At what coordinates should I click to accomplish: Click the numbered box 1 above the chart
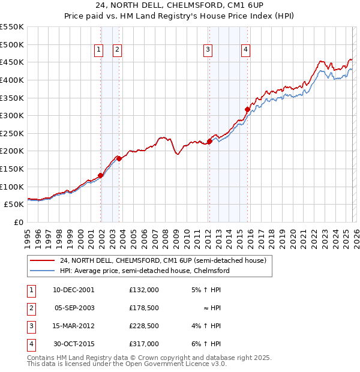(x=98, y=50)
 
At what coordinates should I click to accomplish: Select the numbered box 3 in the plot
(x=208, y=50)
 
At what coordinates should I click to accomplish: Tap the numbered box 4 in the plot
(x=246, y=50)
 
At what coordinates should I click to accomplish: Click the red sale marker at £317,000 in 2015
(x=247, y=109)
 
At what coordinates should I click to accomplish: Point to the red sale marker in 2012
(x=209, y=142)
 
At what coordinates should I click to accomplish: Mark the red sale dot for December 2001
(x=100, y=175)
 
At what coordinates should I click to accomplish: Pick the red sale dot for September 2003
(x=119, y=158)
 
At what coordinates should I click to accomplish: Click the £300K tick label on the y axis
(x=12, y=115)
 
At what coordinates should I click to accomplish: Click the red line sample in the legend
(x=42, y=260)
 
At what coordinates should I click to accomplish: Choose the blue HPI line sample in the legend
(x=42, y=271)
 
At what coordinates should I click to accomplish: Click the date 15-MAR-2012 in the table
(x=74, y=327)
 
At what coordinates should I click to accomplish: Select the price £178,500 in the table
(x=144, y=308)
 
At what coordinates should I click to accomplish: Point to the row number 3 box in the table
(x=30, y=327)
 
